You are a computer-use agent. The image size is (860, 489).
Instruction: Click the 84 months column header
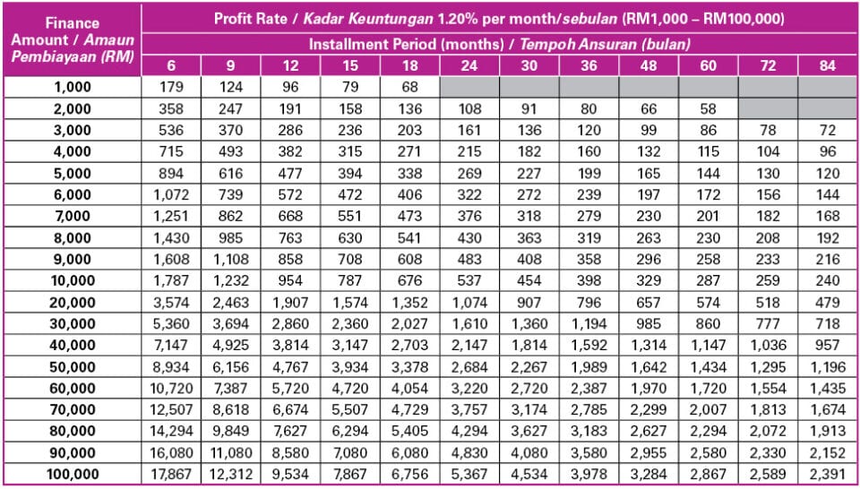click(828, 66)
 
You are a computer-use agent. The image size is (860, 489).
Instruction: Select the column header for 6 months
click(171, 66)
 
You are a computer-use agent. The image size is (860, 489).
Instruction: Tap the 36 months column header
click(589, 66)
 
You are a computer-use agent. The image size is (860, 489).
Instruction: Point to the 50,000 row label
click(71, 365)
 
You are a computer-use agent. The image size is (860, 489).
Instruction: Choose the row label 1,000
click(71, 86)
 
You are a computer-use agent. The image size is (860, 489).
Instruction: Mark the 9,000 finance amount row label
click(71, 259)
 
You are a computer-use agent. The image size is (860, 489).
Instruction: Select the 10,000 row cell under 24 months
click(469, 280)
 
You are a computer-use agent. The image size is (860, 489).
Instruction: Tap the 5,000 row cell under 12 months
click(290, 174)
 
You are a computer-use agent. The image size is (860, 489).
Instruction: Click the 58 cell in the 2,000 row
click(708, 108)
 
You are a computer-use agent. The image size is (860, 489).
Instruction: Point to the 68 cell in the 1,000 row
click(409, 86)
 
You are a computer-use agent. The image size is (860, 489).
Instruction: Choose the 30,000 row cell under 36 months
click(589, 322)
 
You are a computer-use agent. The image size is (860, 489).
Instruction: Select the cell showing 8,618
click(230, 408)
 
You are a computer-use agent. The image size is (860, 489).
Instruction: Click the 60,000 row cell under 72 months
click(768, 387)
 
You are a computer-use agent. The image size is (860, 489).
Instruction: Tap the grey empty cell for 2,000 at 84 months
click(828, 108)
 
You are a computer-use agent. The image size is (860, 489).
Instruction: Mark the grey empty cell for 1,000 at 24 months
click(469, 86)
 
